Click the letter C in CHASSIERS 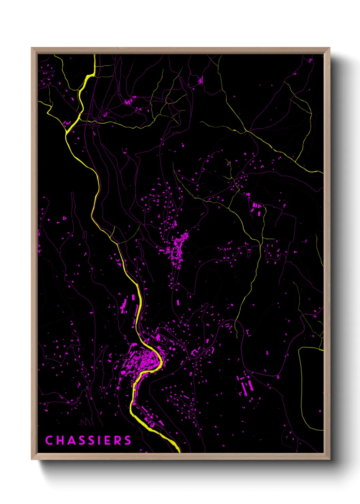point(49,440)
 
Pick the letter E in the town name point(108,440)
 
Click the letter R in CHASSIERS point(118,440)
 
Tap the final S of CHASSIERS point(128,440)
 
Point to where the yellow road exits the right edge point(323,172)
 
